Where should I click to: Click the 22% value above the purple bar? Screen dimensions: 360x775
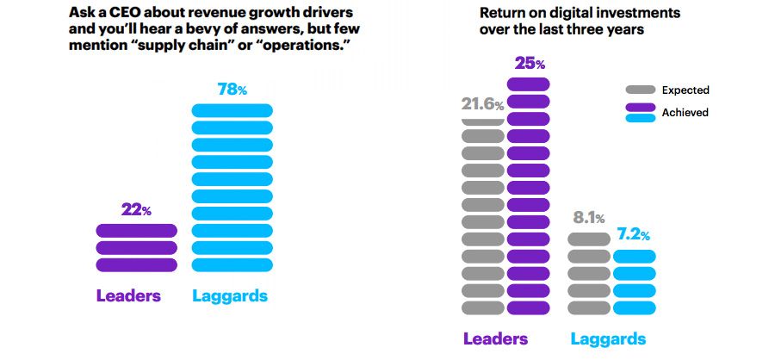[135, 210]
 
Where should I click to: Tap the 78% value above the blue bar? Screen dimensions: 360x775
[231, 90]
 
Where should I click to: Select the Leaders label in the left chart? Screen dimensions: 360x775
[128, 296]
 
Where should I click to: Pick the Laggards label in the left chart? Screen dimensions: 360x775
[230, 296]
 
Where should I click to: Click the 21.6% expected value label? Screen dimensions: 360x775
[482, 104]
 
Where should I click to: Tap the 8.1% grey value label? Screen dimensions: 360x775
[587, 218]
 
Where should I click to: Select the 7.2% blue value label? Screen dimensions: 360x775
[633, 235]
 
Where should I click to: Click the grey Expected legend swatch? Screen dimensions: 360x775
[641, 90]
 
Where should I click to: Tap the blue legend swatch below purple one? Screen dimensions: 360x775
[641, 119]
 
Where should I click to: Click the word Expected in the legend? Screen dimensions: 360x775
[685, 90]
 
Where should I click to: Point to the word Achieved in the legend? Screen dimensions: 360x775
[685, 113]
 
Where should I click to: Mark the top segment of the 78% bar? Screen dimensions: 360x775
[231, 110]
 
